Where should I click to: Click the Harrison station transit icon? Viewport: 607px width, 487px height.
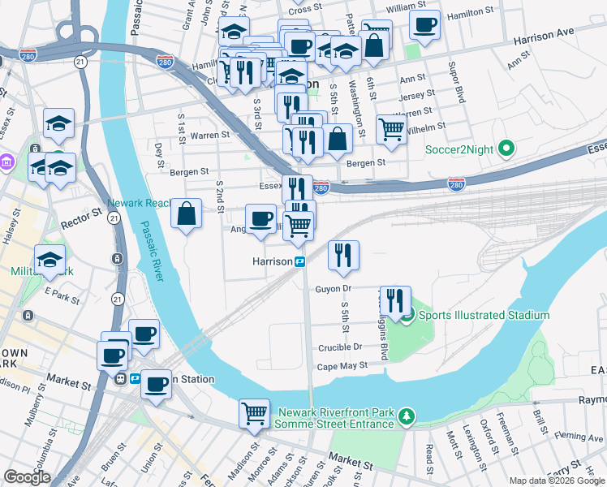(x=299, y=261)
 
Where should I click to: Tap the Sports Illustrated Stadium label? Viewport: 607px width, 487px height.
(x=484, y=315)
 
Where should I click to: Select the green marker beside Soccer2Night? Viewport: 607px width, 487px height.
(x=506, y=149)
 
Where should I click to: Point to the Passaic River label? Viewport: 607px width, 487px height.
(x=151, y=252)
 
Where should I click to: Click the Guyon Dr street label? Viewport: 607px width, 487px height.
(x=333, y=288)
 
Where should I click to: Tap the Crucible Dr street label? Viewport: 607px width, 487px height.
(x=340, y=346)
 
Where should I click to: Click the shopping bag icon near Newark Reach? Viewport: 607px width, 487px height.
(x=187, y=214)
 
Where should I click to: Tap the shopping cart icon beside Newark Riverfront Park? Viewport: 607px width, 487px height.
(x=254, y=414)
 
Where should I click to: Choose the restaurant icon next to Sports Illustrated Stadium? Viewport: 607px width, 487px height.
(x=395, y=299)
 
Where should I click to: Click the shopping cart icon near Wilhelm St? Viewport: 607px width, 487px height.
(x=392, y=128)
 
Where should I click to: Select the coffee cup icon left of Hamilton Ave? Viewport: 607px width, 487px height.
(x=424, y=24)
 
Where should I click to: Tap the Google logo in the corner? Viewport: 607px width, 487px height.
(x=27, y=477)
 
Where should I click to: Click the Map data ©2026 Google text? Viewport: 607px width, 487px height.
(x=556, y=481)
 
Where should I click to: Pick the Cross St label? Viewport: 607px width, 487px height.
(x=299, y=9)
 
